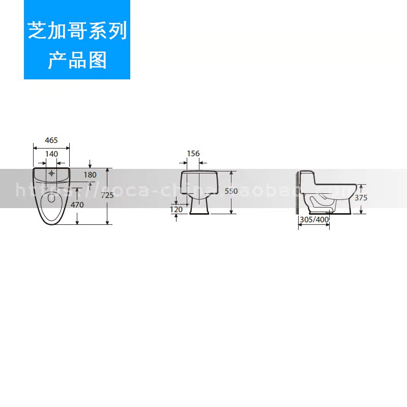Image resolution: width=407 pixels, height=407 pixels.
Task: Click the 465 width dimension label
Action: tap(51, 140)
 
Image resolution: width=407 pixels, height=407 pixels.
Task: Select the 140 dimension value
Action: tap(51, 154)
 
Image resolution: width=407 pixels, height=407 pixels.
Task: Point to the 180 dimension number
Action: tap(90, 175)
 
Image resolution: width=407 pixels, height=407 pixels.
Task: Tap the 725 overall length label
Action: tap(107, 195)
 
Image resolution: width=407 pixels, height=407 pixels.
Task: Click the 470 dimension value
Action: tap(77, 205)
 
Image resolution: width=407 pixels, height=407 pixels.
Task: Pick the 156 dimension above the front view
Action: tap(193, 154)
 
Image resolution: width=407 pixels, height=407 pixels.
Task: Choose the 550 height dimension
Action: tap(231, 191)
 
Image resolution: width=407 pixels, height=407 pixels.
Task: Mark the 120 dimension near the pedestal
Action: tap(176, 209)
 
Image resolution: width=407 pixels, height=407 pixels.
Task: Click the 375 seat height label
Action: tap(361, 198)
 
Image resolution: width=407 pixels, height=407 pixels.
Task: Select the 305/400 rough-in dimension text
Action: tap(314, 220)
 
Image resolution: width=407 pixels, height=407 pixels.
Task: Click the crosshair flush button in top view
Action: tap(51, 173)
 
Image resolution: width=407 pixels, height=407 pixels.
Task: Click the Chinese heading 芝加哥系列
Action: tap(77, 32)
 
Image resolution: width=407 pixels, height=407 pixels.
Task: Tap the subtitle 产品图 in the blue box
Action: tap(77, 61)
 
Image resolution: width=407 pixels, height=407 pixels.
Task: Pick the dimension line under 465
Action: tap(51, 147)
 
